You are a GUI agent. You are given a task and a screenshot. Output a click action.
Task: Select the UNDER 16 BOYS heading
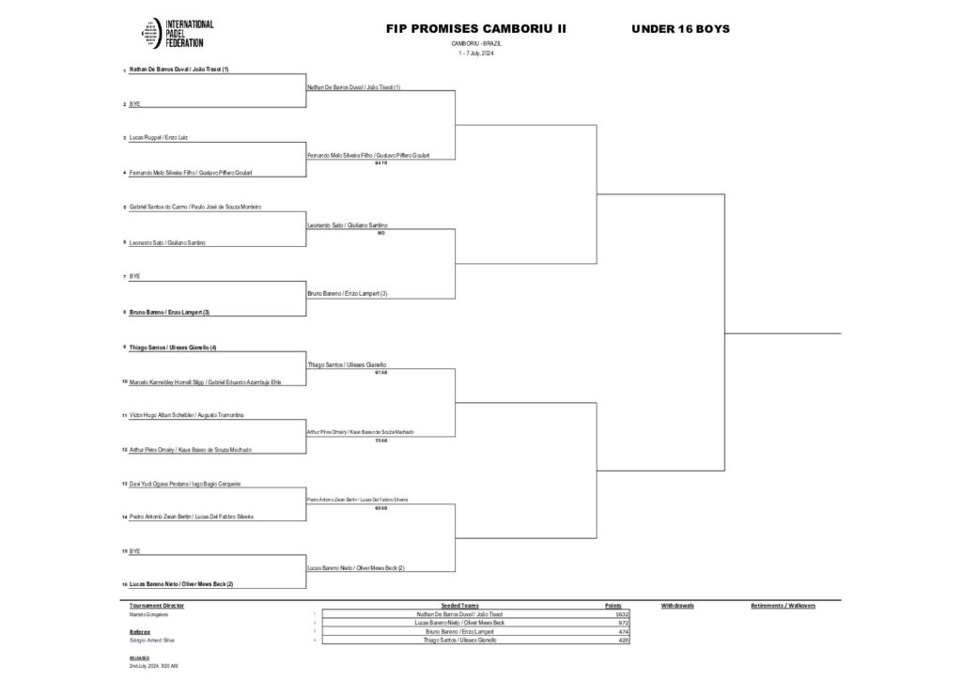coord(680,29)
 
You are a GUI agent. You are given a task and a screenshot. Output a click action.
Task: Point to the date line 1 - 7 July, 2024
coord(475,53)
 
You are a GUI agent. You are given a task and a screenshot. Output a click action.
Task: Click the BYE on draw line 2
coord(134,104)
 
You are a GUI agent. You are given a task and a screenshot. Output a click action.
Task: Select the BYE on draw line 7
coord(134,276)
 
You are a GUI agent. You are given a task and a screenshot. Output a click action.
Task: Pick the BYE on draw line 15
coord(134,550)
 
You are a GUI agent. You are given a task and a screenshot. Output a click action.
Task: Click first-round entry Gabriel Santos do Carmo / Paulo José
coord(194,207)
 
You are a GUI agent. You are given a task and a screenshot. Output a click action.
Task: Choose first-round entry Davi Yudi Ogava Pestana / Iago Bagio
coord(185,483)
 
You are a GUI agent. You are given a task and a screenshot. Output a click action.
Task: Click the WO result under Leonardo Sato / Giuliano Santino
coord(380,233)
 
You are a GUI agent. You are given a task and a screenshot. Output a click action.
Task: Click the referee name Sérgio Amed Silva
coord(151,640)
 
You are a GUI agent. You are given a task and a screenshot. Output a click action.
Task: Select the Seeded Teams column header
coord(459,606)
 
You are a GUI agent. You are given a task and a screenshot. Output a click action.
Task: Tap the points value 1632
coord(621,614)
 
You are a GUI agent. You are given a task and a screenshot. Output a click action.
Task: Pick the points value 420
coord(622,640)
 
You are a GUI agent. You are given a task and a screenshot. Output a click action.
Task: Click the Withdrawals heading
coord(676,606)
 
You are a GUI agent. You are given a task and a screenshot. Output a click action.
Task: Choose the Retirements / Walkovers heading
coord(783,606)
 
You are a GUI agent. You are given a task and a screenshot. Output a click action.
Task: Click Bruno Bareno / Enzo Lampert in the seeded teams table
coord(459,631)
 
